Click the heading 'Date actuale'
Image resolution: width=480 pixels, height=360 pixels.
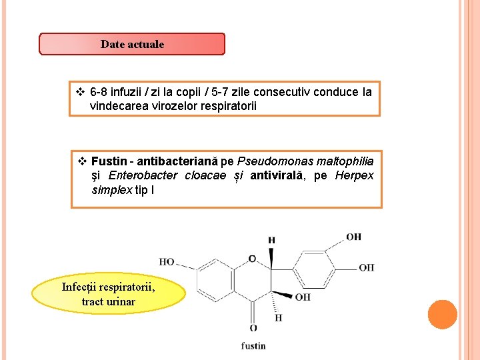click(132, 45)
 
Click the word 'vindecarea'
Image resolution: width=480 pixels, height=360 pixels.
click(116, 105)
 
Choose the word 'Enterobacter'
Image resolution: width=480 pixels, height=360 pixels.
click(143, 175)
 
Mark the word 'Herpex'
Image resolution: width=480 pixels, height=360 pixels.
click(354, 175)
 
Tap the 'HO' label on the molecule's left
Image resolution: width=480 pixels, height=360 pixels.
click(167, 262)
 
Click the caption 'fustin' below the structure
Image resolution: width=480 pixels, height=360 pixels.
click(253, 345)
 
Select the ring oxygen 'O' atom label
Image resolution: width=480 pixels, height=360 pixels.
click(252, 259)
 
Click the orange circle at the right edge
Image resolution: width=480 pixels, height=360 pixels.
click(442, 315)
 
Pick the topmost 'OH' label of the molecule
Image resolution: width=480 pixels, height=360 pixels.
click(353, 237)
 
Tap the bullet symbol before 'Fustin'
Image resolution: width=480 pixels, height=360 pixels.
click(82, 161)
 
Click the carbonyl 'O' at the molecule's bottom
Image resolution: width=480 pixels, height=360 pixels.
click(253, 328)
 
